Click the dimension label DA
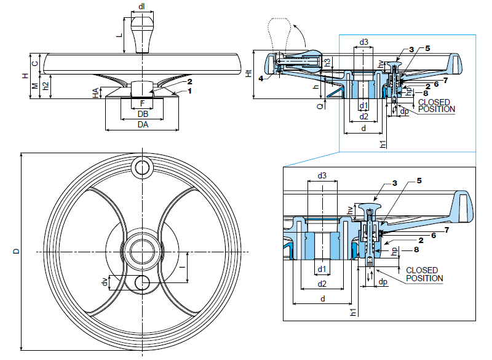(143, 125)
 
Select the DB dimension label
(143, 114)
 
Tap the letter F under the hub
(143, 103)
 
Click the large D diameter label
(17, 251)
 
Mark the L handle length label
(120, 36)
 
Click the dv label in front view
(105, 282)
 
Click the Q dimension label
(320, 105)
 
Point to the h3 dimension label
(328, 62)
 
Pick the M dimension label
(35, 86)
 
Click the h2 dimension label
(46, 87)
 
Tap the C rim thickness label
(35, 63)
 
